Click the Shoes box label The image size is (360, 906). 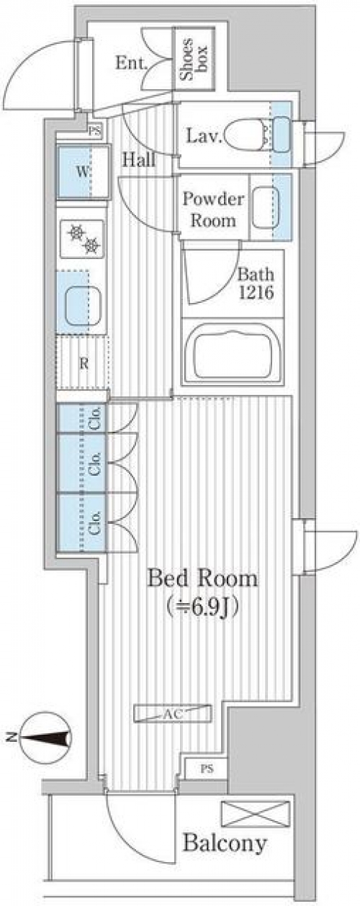coord(194,59)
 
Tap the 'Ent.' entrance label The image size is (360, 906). coord(131,63)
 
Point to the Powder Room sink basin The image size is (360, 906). coord(266,207)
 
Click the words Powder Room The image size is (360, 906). coord(213,209)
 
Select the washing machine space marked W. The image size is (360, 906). coord(83,172)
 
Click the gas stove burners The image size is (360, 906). coord(82,239)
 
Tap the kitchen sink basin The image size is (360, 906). coord(83,305)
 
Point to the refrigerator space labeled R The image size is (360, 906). coord(84,363)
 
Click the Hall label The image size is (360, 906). coord(139,160)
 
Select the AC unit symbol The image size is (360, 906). coord(173,714)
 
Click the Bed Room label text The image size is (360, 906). coord(202,579)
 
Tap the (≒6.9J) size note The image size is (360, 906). coord(202,606)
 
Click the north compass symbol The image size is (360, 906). coord(45,738)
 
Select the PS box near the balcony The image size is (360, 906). coord(207,769)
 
